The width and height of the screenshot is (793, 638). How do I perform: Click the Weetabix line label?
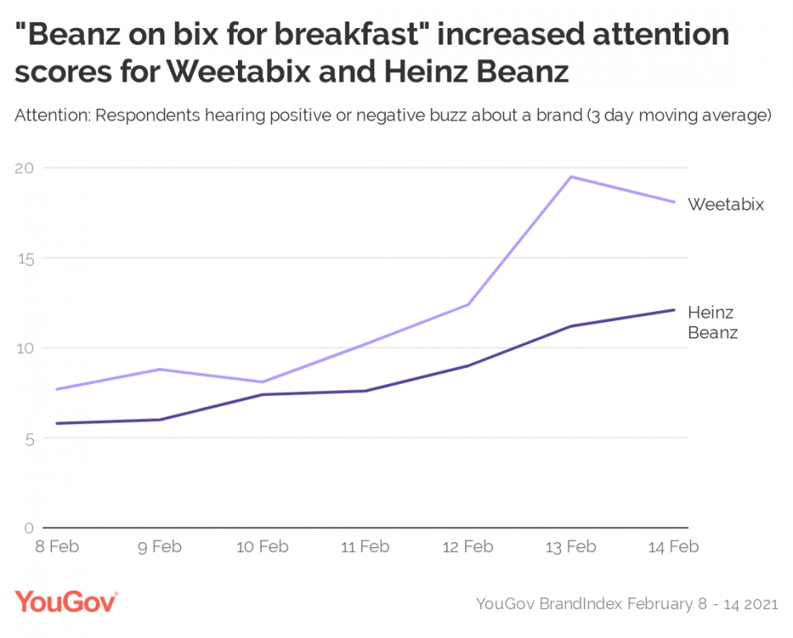point(725,204)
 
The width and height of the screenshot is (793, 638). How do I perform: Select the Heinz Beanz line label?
point(712,323)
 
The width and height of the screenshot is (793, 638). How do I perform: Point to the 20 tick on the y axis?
point(26,168)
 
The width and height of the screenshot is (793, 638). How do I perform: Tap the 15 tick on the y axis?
point(26,258)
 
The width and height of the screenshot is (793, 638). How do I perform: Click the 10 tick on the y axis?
point(26,348)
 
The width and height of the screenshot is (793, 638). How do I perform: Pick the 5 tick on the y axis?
point(29,438)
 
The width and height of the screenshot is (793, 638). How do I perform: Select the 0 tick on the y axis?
point(29,528)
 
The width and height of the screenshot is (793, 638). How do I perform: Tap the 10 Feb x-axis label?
point(262,546)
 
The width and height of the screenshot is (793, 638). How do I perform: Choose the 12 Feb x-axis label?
point(468,546)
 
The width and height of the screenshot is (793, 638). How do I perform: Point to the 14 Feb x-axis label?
point(673,546)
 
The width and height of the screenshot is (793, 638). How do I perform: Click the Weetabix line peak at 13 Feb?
point(572,177)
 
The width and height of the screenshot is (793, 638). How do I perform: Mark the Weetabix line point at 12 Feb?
point(468,305)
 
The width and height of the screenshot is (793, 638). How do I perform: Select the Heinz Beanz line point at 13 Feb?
point(572,326)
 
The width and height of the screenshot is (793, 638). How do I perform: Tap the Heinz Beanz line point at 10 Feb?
point(262,395)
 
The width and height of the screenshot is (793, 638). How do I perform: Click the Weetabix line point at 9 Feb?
point(159,369)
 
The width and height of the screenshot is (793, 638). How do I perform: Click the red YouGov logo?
point(66,602)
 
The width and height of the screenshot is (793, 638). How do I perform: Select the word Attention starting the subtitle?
point(52,116)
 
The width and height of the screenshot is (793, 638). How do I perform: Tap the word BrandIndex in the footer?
point(582,604)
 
